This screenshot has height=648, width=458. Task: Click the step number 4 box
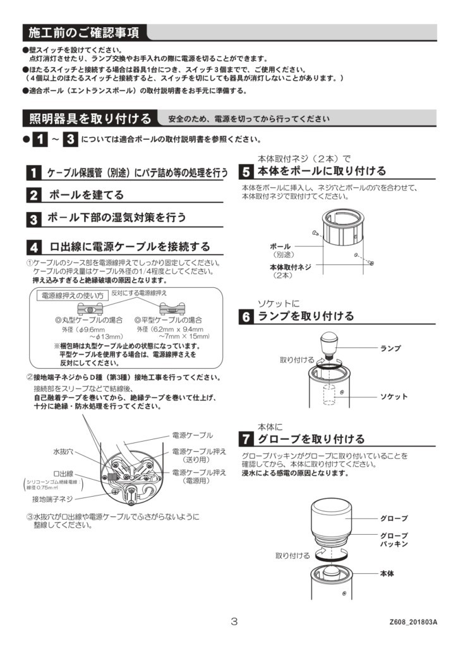pyautogui.click(x=33, y=246)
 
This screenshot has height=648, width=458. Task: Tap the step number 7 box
pyautogui.click(x=246, y=439)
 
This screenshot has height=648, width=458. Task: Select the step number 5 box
pyautogui.click(x=246, y=171)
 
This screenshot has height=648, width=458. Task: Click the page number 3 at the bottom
pyautogui.click(x=234, y=621)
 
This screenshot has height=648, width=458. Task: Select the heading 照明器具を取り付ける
pyautogui.click(x=90, y=118)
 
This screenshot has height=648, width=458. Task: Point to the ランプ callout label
pyautogui.click(x=390, y=348)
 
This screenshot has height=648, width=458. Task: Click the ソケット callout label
pyautogui.click(x=393, y=397)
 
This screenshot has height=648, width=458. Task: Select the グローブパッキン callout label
pyautogui.click(x=394, y=539)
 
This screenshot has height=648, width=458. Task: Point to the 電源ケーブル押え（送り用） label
pyautogui.click(x=199, y=456)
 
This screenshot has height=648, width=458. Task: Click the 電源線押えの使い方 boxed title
pyautogui.click(x=72, y=296)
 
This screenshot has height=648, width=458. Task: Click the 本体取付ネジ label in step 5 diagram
pyautogui.click(x=290, y=267)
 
